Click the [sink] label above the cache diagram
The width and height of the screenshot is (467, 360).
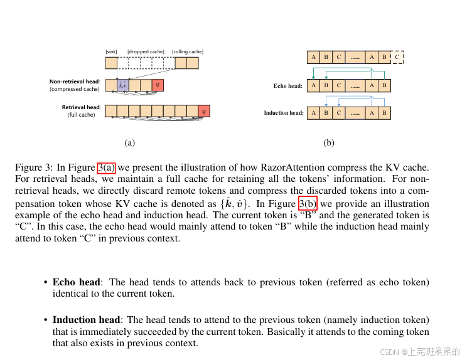pos(111,51)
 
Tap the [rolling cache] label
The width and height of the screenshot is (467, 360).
pos(187,51)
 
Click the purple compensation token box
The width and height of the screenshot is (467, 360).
pos(123,85)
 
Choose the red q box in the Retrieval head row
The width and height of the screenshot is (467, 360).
pos(203,112)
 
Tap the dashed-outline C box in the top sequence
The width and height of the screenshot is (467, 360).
pos(397,58)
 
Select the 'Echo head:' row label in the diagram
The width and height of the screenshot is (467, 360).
pos(288,86)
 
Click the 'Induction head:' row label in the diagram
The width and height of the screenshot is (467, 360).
pos(284,114)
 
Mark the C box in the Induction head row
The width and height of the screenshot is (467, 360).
pos(339,114)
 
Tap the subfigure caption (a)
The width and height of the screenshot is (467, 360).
pos(130,143)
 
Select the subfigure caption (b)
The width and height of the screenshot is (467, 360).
pos(329,143)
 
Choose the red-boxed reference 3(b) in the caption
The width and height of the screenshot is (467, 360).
pos(308,203)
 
